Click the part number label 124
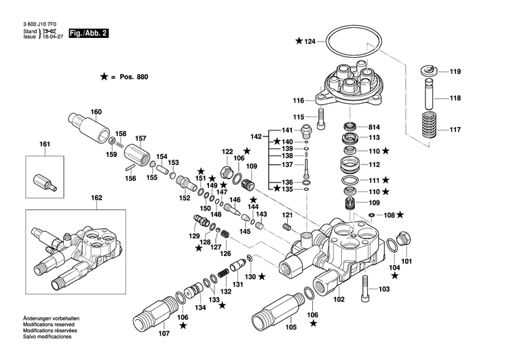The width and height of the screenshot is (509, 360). tap(310, 42)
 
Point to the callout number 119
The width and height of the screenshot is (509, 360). tap(455, 72)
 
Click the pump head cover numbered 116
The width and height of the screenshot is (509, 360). tap(352, 83)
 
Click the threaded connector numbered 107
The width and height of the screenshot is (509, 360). tap(155, 314)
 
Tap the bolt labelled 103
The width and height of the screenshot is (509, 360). tap(366, 289)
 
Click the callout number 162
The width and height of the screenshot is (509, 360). tap(96, 198)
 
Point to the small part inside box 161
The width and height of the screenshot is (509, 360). tap(43, 182)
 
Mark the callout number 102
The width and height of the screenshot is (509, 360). tap(338, 300)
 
